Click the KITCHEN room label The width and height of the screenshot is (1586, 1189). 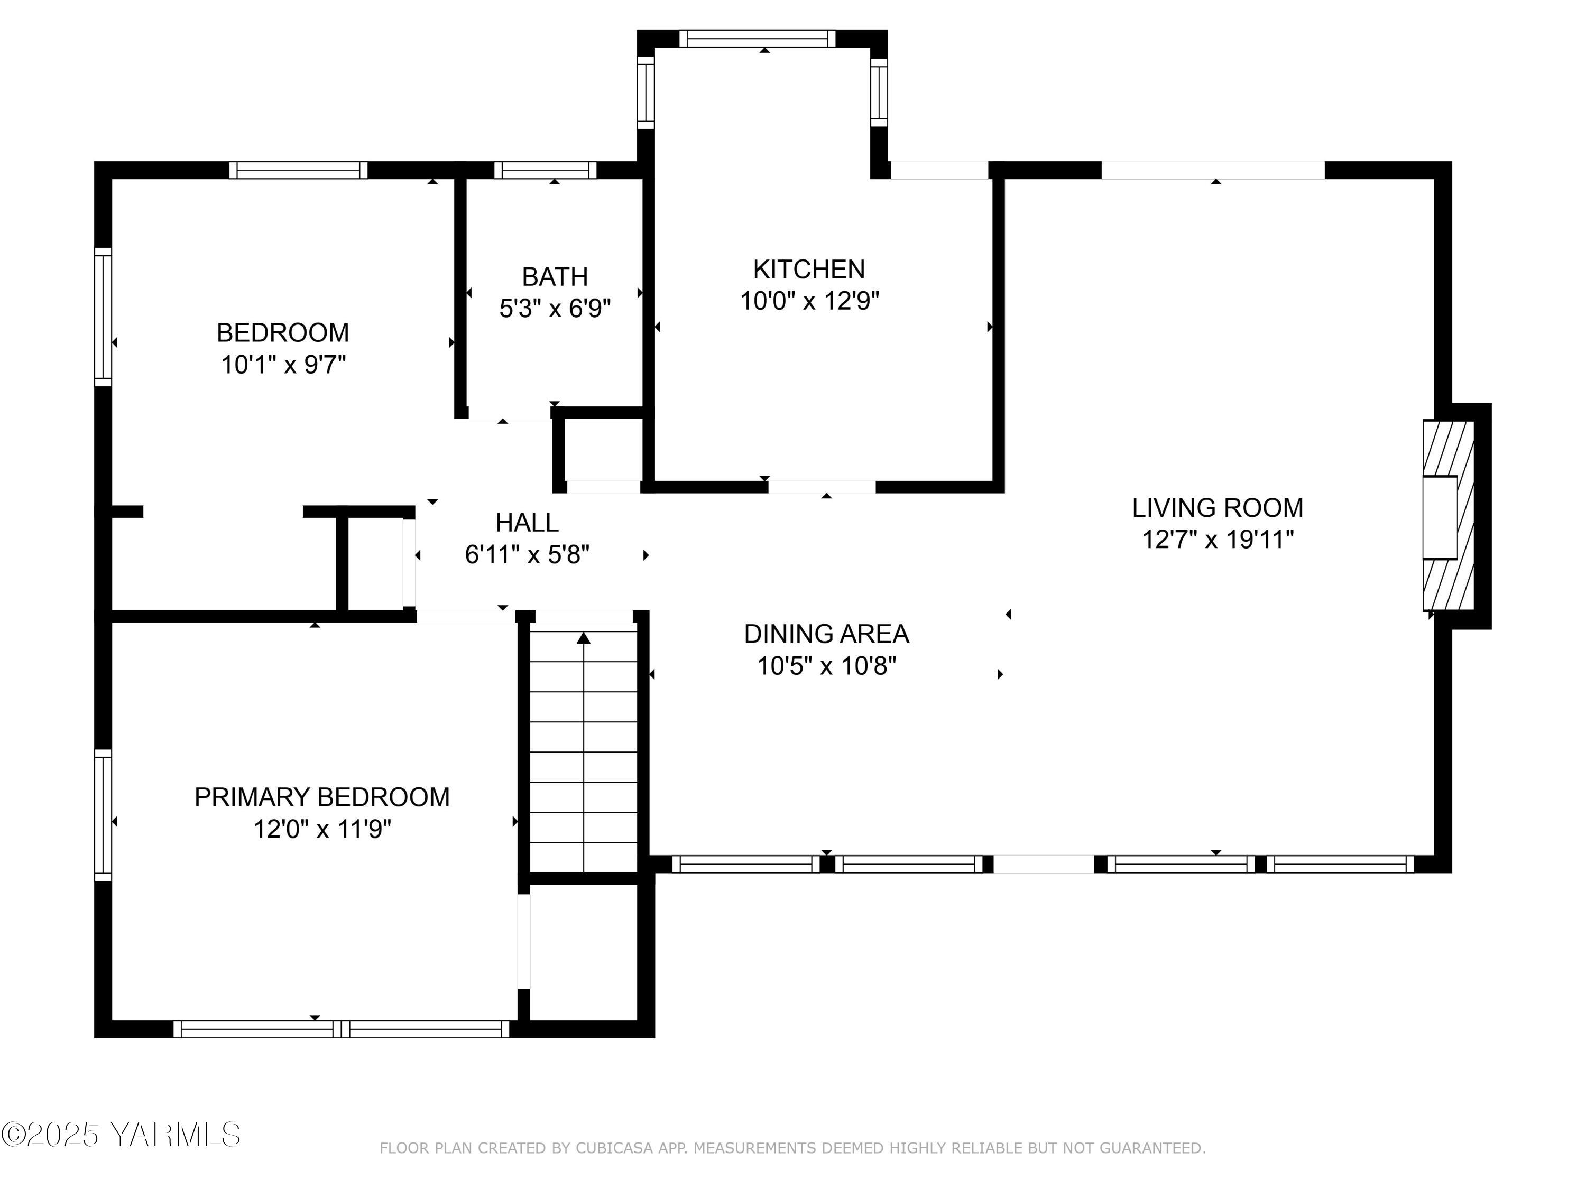(x=809, y=270)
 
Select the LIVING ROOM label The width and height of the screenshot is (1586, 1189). (x=1218, y=507)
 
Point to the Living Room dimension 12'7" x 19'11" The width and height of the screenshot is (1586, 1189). (x=1218, y=539)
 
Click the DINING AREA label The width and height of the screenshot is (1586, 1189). (x=827, y=634)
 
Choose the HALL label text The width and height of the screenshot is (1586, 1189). (x=527, y=523)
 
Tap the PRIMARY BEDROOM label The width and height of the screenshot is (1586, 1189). (x=322, y=797)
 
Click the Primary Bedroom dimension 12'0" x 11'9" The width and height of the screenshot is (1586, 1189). (x=322, y=829)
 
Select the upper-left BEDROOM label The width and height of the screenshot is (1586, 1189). (x=282, y=332)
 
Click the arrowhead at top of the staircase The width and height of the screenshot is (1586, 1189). (x=584, y=638)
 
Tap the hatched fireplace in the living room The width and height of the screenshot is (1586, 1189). (x=1449, y=515)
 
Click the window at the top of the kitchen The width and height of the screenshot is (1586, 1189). (x=757, y=39)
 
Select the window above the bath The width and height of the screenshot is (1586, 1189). (x=545, y=170)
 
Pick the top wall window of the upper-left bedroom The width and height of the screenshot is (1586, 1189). (x=298, y=170)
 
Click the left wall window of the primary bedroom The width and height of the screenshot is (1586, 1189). (x=103, y=815)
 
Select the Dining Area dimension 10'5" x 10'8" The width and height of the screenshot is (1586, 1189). (x=827, y=666)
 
